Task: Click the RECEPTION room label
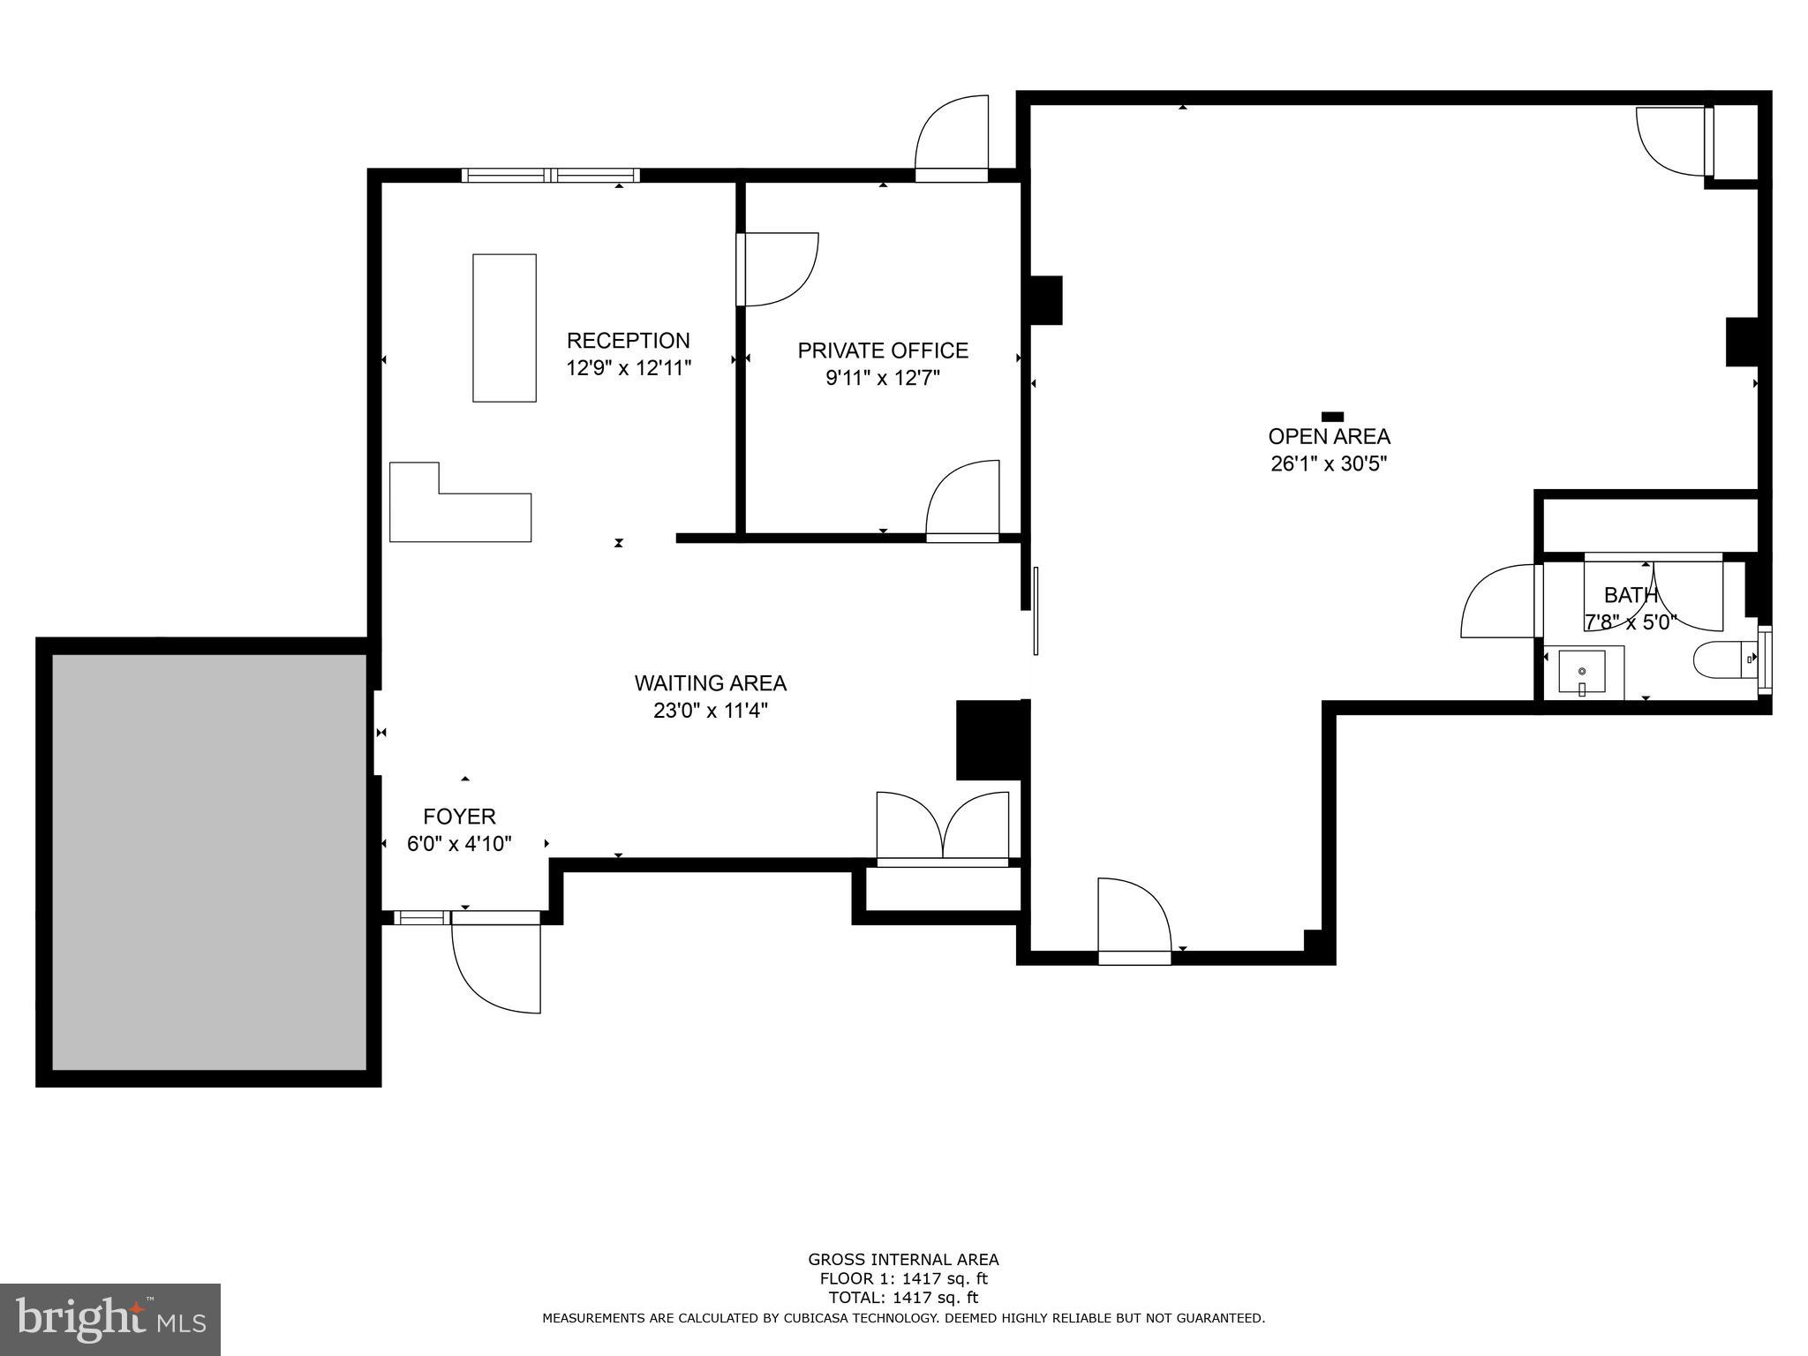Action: (x=628, y=341)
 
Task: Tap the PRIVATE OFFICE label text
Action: (x=883, y=350)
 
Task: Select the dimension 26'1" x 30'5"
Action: (x=1329, y=463)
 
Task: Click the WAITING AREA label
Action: (x=710, y=682)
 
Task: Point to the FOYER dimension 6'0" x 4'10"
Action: (x=459, y=844)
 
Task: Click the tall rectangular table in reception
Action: (x=504, y=328)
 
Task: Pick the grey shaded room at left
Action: (x=209, y=861)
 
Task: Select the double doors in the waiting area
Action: (x=942, y=828)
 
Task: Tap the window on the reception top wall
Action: (x=551, y=175)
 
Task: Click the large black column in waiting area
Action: (x=989, y=740)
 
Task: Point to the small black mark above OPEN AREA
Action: (x=1332, y=417)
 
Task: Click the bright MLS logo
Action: (x=109, y=1319)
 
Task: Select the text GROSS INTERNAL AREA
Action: (x=903, y=1260)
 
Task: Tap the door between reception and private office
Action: (x=777, y=269)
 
